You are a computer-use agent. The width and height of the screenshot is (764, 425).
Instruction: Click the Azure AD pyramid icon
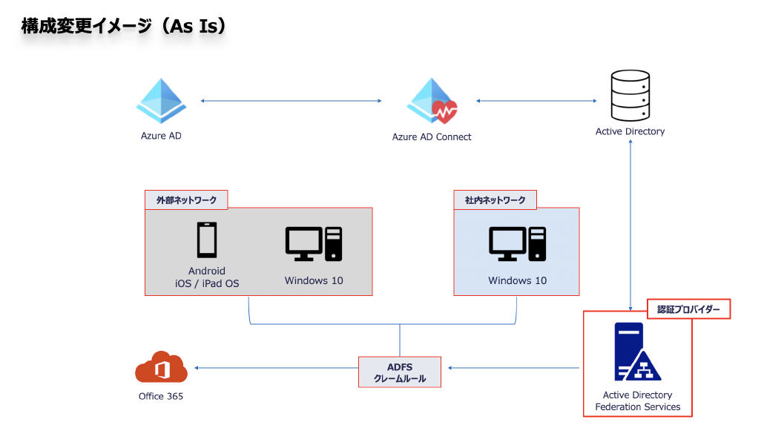(x=161, y=101)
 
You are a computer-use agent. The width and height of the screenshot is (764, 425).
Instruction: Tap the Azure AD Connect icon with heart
(x=432, y=101)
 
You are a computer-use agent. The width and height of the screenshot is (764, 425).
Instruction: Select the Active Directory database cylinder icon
(x=630, y=96)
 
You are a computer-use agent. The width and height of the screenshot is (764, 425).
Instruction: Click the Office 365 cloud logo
(x=161, y=366)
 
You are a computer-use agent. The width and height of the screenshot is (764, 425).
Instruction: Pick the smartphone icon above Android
(x=207, y=240)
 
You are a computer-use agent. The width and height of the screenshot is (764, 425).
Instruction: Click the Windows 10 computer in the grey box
(x=314, y=244)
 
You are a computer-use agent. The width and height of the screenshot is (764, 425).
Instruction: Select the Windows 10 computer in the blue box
(x=518, y=244)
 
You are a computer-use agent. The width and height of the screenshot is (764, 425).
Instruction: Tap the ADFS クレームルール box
(x=400, y=372)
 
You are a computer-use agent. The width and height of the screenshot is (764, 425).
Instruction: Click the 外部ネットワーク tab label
(x=186, y=200)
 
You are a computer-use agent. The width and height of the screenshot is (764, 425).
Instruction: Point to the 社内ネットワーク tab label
(x=495, y=200)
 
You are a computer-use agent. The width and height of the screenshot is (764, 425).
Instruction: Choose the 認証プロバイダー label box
(x=688, y=309)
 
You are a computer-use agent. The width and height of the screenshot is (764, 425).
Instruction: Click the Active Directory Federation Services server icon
(x=637, y=352)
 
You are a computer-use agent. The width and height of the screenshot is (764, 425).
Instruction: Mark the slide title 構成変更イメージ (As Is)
(x=124, y=26)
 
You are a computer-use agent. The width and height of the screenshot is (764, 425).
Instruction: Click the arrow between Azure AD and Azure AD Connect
(x=291, y=101)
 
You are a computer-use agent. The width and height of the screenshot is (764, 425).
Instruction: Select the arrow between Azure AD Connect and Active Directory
(x=536, y=101)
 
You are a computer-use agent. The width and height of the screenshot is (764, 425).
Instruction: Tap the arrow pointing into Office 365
(x=276, y=368)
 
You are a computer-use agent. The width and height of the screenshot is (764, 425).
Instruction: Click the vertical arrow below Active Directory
(x=630, y=225)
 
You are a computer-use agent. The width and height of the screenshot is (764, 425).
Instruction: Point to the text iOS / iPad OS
(x=207, y=283)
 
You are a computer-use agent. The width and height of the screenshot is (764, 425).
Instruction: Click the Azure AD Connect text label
(x=432, y=137)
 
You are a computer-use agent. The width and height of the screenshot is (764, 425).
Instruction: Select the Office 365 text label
(x=161, y=396)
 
